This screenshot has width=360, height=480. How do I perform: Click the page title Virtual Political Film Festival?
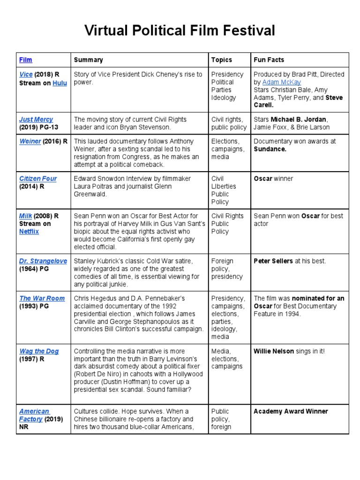pos(180,31)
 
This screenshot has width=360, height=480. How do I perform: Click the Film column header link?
pos(25,60)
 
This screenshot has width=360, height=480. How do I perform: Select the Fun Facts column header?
pos(269,60)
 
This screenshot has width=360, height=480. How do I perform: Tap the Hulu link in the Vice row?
pos(60,82)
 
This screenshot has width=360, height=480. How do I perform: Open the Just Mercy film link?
pos(36,120)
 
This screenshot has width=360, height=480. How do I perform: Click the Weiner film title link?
pos(30,141)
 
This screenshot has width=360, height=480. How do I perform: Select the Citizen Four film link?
pos(38,179)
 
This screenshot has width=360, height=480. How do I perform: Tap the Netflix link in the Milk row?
pos(29,232)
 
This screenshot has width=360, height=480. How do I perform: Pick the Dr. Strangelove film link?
pos(43,261)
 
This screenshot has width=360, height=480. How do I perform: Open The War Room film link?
pos(38,298)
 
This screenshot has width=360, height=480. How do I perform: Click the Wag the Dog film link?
pos(39,351)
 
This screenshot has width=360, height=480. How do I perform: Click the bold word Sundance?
pos(270,149)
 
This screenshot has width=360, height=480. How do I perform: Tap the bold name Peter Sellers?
pos(274,261)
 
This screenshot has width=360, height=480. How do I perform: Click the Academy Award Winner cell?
pos(291,412)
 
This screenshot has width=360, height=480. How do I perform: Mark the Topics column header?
pos(221,60)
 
